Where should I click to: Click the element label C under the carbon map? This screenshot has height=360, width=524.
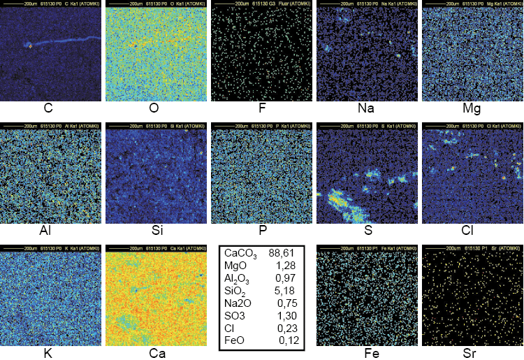(x=48, y=108)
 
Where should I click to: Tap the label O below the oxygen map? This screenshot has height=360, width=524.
(x=154, y=108)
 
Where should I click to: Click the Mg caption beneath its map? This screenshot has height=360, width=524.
(x=472, y=108)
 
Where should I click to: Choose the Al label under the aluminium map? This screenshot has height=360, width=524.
(x=48, y=229)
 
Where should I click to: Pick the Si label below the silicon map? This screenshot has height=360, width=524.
(x=154, y=229)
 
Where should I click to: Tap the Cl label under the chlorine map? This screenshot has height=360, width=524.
(x=472, y=229)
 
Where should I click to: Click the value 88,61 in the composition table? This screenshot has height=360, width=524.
(x=284, y=253)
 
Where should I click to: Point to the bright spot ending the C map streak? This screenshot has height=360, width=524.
(x=31, y=46)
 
